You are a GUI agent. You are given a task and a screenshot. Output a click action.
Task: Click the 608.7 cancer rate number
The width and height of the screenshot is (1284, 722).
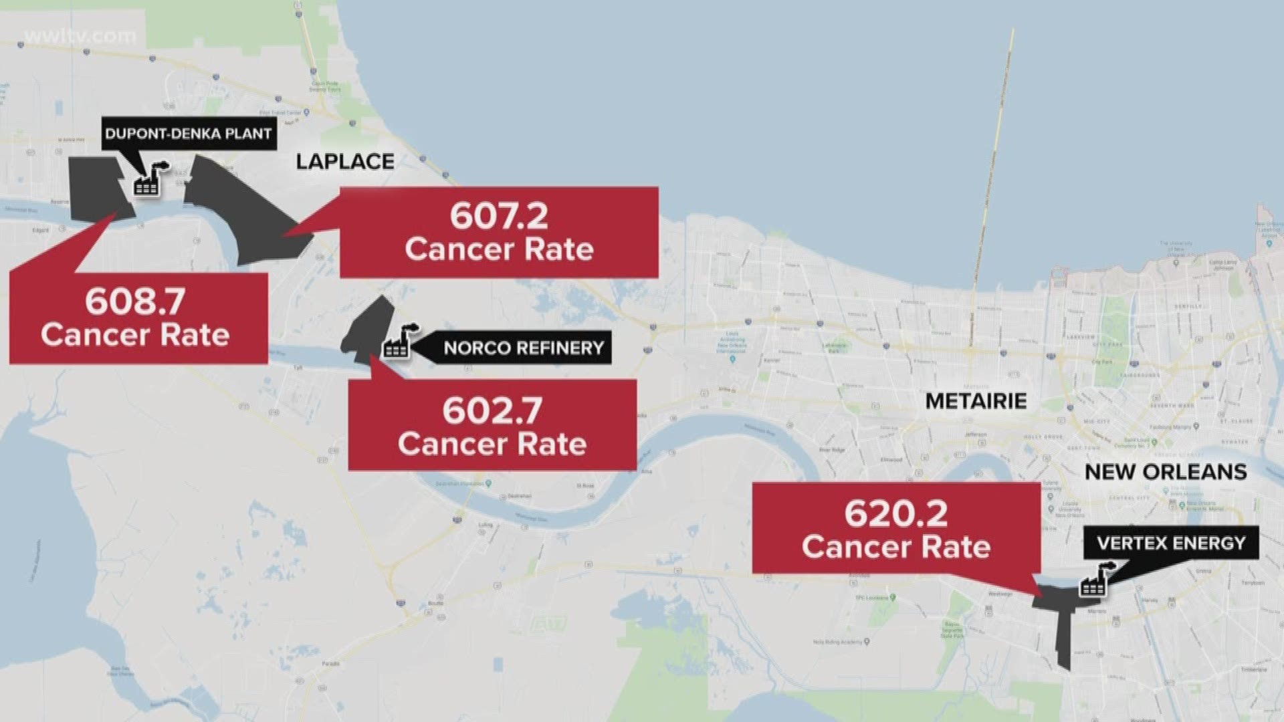tap(135, 302)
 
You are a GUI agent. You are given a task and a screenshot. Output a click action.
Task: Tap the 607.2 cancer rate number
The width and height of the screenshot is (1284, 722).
tap(499, 216)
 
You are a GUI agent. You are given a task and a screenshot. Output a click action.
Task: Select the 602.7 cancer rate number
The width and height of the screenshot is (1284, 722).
tap(492, 411)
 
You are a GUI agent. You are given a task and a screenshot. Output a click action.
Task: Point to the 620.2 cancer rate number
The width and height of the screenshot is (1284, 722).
tap(896, 514)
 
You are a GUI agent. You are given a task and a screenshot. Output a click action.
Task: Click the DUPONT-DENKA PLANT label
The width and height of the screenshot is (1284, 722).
tap(189, 133)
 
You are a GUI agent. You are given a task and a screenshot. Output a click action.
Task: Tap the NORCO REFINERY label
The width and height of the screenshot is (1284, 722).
tap(523, 348)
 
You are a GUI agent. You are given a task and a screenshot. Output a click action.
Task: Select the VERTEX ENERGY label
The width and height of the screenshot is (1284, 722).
tap(1171, 543)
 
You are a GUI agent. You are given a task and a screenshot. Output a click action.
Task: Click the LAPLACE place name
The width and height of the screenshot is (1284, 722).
tap(345, 162)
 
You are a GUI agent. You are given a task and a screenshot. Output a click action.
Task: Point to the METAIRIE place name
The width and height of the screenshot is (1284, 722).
tap(976, 401)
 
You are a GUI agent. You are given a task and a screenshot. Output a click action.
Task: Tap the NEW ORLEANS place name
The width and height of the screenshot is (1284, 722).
tap(1166, 472)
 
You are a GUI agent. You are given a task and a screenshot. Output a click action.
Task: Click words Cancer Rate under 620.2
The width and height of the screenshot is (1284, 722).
tap(896, 547)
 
